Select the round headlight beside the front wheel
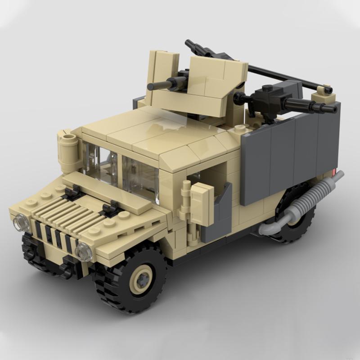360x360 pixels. (83, 251)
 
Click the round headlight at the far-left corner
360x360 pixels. (21, 222)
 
